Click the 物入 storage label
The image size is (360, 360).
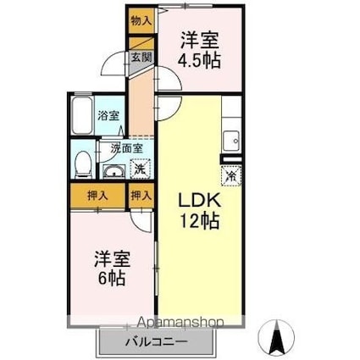tap(141, 21)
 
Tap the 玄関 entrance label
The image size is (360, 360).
tap(141, 58)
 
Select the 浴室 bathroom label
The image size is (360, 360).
tap(108, 116)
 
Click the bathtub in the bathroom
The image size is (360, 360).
tap(82, 116)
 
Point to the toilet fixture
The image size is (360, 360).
tap(83, 165)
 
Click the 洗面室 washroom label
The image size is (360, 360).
tap(127, 148)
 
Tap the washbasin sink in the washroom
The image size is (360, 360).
tap(114, 171)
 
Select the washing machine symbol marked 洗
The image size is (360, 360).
tap(140, 169)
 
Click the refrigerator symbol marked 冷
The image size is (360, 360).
tap(231, 176)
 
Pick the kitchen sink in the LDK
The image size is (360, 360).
tap(231, 141)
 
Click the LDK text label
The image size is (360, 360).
tap(199, 202)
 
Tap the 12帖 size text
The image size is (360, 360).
tap(200, 221)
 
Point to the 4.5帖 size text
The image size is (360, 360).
tap(199, 60)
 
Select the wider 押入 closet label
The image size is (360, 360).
tap(97, 196)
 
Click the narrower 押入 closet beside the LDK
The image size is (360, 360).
tap(141, 196)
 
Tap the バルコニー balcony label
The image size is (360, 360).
tap(156, 342)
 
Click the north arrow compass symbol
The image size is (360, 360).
tap(277, 336)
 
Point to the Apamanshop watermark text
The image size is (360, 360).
tap(180, 322)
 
